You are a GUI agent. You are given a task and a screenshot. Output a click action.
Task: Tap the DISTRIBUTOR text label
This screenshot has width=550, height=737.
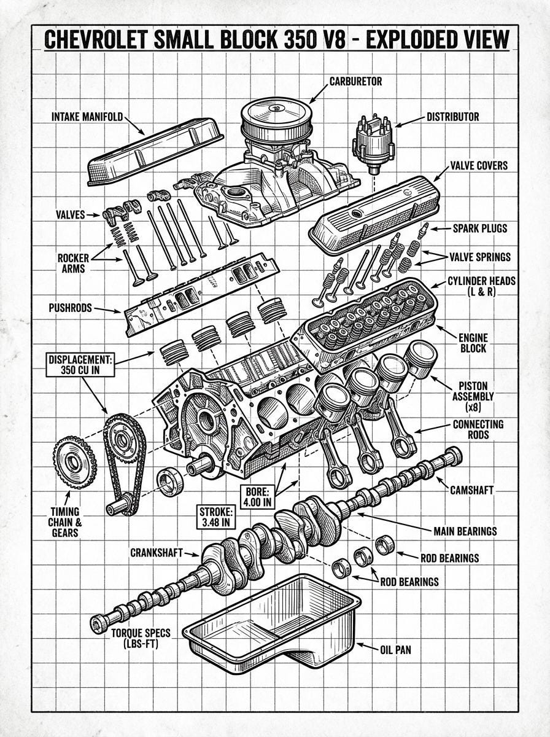point(452,117)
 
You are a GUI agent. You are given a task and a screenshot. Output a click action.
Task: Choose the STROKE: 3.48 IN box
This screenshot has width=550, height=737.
point(216,517)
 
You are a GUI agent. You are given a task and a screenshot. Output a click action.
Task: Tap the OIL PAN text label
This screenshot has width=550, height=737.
point(396,649)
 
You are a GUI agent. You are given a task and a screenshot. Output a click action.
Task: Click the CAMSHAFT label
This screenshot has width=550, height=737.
point(471,490)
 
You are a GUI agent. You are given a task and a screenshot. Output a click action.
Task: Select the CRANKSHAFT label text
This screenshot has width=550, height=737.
point(157,552)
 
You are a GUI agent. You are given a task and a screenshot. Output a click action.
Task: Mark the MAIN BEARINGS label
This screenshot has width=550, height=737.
point(465,531)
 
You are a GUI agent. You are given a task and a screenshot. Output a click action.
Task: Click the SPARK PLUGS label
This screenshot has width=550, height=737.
point(480,228)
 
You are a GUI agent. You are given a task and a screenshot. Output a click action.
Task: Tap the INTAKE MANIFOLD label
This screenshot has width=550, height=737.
point(87,116)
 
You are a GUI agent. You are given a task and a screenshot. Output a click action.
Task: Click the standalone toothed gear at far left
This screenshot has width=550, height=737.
point(75,461)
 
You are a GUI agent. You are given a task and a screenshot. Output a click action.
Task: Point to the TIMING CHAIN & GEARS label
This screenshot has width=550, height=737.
point(64,522)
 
